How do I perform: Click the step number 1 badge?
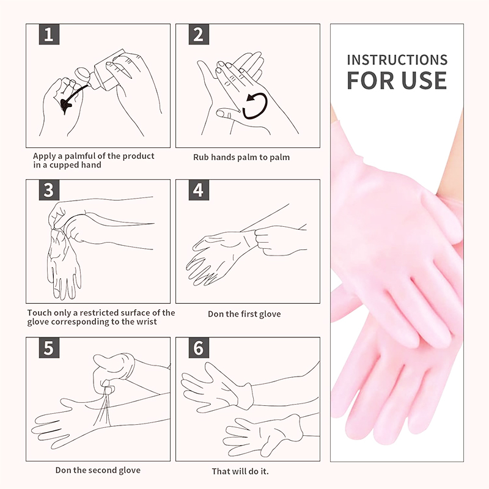[x=49, y=34]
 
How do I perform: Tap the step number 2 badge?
[x=199, y=34]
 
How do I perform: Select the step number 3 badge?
[x=49, y=190]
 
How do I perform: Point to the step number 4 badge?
[x=199, y=190]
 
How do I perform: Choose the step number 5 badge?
[x=49, y=347]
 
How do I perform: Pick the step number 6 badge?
[x=199, y=347]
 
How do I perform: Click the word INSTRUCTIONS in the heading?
[x=397, y=60]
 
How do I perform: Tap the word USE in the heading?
[x=424, y=81]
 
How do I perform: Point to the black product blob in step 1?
[x=66, y=105]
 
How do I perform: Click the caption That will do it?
[x=240, y=471]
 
